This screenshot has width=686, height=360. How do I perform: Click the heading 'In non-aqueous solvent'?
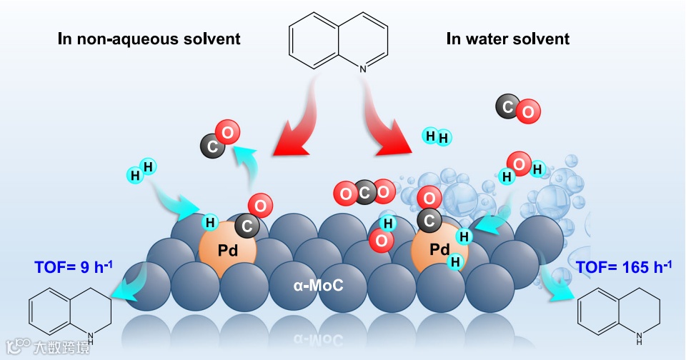click(x=149, y=39)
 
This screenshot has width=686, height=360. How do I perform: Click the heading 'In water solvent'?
click(x=508, y=39)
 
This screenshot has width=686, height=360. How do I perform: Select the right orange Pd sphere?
click(x=439, y=249)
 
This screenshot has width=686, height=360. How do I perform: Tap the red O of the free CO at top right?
click(x=528, y=111)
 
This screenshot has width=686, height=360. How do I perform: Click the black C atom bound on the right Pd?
click(x=429, y=221)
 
